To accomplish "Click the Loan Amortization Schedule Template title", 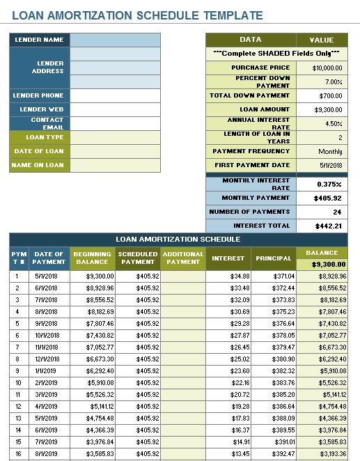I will (138, 15).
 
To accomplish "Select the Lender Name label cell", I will (39, 40).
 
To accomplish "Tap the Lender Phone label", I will (39, 95).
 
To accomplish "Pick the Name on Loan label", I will (39, 165).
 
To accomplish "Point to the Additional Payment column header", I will (183, 258).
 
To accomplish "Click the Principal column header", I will (273, 258).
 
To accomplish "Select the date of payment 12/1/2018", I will (49, 359).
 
